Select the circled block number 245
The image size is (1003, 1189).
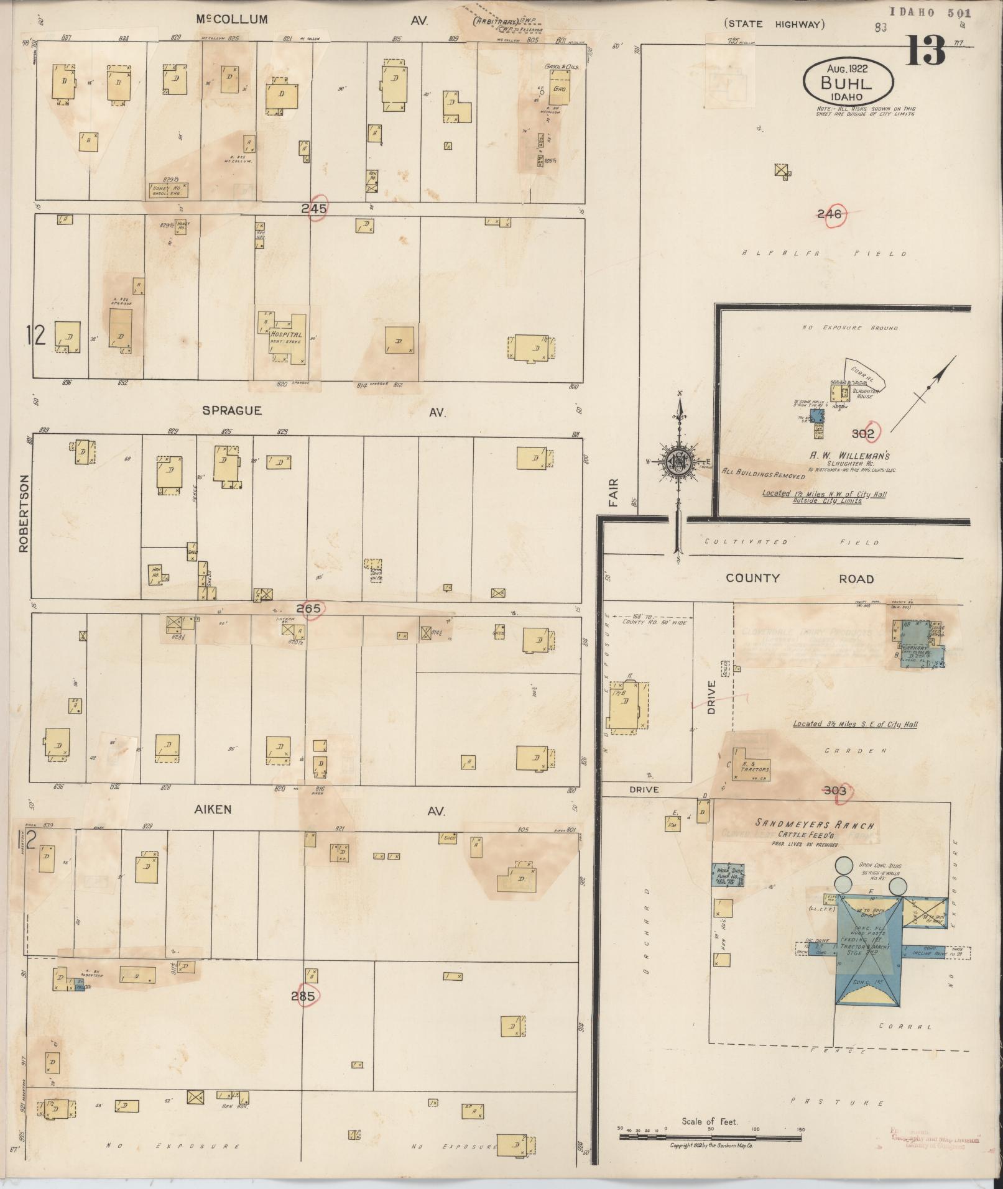[x=313, y=209]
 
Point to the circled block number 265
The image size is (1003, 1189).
[x=308, y=609]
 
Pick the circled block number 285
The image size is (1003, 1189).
[x=304, y=995]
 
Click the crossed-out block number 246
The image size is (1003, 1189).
[x=830, y=214]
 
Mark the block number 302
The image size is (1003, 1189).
[x=863, y=434]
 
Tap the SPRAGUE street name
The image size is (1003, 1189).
[x=232, y=411]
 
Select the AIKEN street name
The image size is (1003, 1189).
[x=213, y=809]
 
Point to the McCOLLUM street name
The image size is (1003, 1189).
[x=232, y=19]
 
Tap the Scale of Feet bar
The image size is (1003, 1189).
[x=709, y=1137]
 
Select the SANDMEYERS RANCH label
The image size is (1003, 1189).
[x=814, y=825]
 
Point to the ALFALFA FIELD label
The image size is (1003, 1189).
[x=825, y=254]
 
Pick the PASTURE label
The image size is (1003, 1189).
[x=837, y=1103]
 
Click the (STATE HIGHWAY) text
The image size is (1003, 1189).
[x=774, y=24]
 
